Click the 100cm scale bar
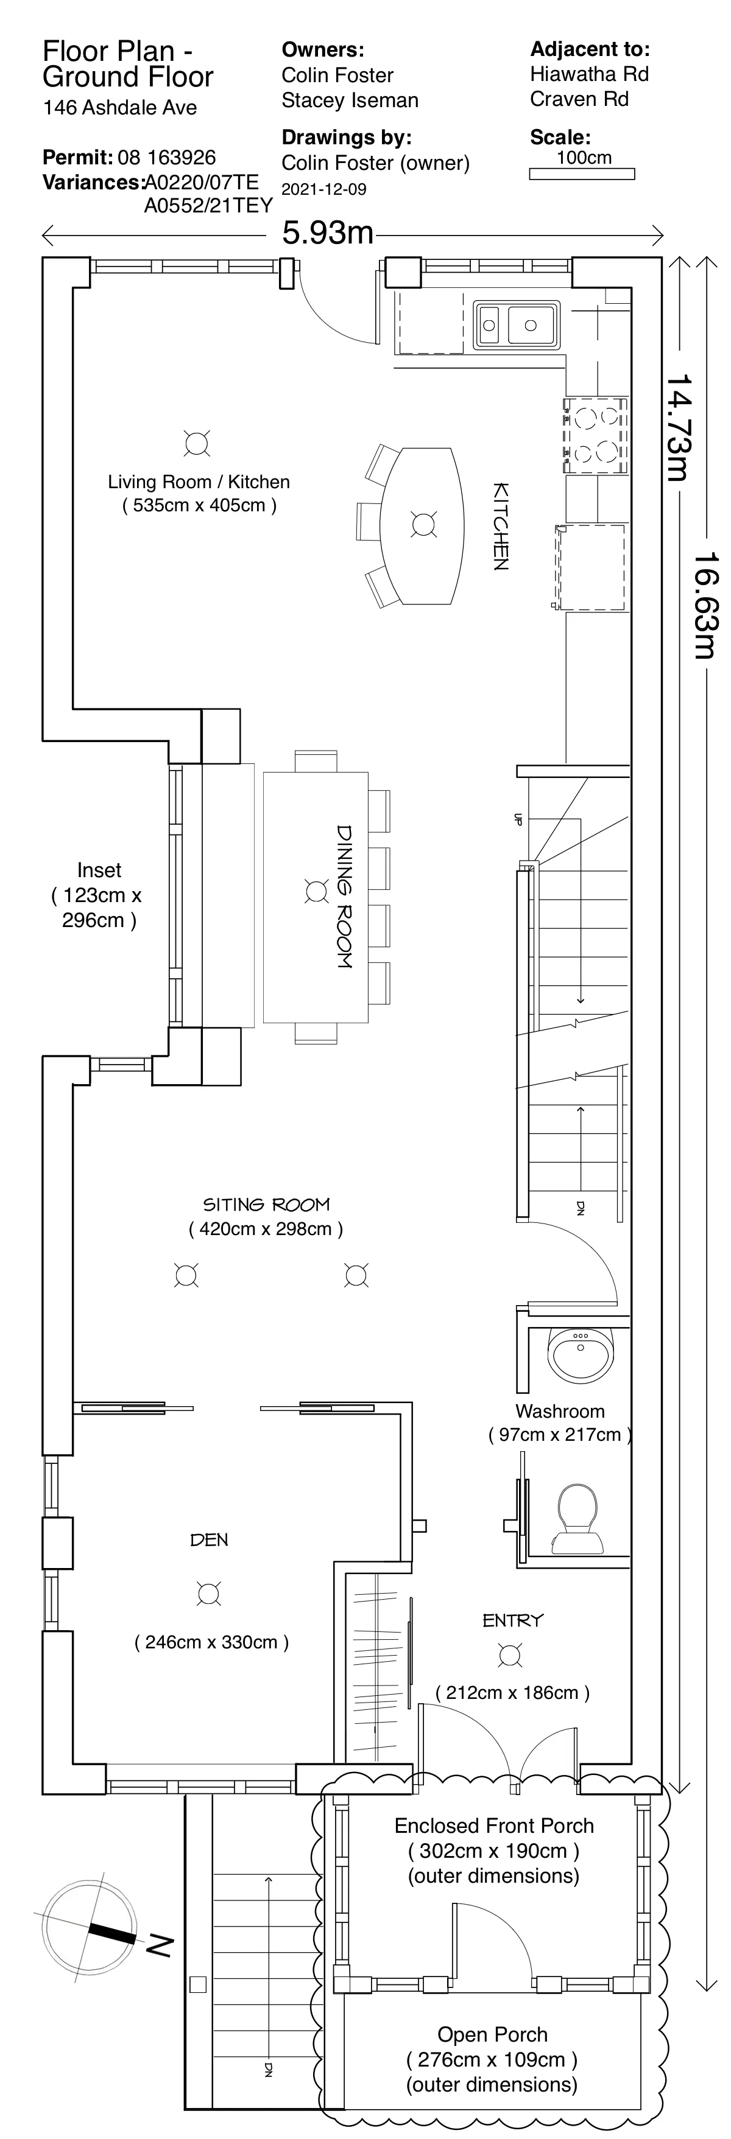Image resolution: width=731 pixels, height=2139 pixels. point(582,173)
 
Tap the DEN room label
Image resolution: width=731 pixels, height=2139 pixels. point(210,1540)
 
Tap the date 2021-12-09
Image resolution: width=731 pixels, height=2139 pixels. point(324,189)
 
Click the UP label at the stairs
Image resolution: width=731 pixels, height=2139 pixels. point(518,819)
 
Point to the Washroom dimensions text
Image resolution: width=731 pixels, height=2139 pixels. point(560,1434)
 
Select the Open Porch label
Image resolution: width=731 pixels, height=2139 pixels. point(493,2034)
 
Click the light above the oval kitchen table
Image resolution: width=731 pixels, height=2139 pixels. point(423,525)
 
